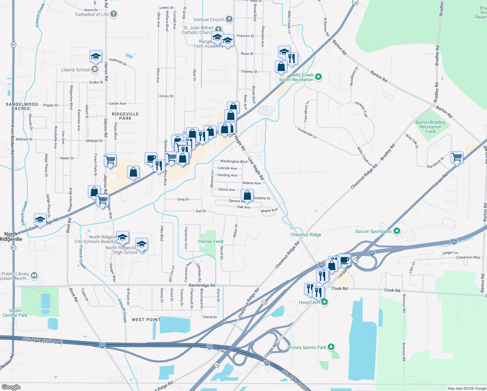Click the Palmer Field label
(211, 241)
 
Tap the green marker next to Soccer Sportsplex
(397, 231)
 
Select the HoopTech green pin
(324, 302)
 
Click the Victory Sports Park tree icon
(331, 347)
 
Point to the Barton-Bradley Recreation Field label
(430, 127)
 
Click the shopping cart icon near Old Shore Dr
(457, 157)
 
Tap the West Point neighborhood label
(146, 320)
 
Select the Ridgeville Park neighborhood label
(125, 116)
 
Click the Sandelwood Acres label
(22, 106)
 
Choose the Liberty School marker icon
(95, 69)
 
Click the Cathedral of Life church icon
(114, 14)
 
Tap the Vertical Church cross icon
(229, 19)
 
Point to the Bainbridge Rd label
(202, 285)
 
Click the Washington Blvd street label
(233, 161)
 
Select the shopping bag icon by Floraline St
(247, 195)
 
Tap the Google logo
(11, 387)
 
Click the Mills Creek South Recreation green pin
(318, 77)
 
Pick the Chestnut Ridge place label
(306, 235)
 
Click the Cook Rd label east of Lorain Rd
(392, 290)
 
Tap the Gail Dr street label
(201, 211)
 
